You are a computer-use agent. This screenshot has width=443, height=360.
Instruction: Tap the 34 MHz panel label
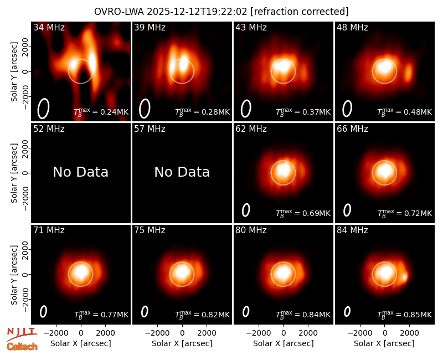tap(49, 27)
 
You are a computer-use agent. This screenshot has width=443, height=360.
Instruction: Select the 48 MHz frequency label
tap(352, 27)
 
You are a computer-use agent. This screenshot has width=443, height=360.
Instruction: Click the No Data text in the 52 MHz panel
tap(80, 172)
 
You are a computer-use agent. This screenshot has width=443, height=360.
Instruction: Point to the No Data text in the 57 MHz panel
tap(182, 172)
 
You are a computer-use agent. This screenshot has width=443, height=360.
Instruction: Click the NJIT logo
tap(22, 333)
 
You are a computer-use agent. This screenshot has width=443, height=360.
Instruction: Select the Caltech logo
tap(22, 347)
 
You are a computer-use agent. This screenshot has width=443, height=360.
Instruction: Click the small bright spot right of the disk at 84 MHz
tap(405, 276)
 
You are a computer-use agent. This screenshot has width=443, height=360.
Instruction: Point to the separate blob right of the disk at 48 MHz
tap(408, 73)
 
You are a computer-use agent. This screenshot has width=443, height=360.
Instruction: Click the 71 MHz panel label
tap(49, 230)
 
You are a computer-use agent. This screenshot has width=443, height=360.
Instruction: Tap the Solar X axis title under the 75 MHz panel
tap(182, 343)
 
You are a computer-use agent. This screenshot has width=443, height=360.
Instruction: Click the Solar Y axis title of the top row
tap(14, 72)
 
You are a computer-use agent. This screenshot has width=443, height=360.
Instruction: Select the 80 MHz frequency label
tap(251, 230)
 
